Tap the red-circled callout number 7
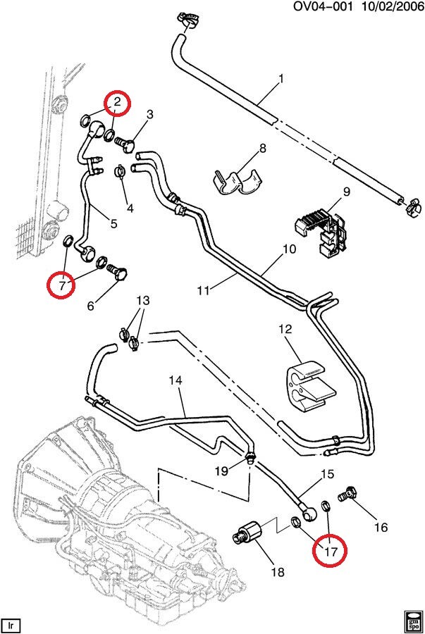[x=62, y=285]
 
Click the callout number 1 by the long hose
[x=281, y=78]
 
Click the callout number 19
[x=220, y=471]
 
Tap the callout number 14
[x=175, y=380]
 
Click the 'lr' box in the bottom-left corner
[x=11, y=624]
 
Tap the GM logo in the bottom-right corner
[x=413, y=623]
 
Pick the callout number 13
[x=143, y=301]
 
